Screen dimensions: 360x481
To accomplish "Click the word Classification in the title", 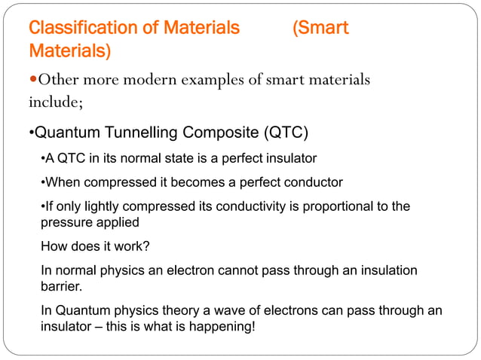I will point(75,29).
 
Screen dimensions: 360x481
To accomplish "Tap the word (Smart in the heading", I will point(320,29).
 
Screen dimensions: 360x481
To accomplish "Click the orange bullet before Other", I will point(32,81).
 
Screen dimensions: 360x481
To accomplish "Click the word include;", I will point(54,102).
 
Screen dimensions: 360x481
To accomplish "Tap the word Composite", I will point(219,135).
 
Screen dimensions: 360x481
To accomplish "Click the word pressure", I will point(66,223).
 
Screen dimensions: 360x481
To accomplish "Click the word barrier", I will point(59,287).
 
